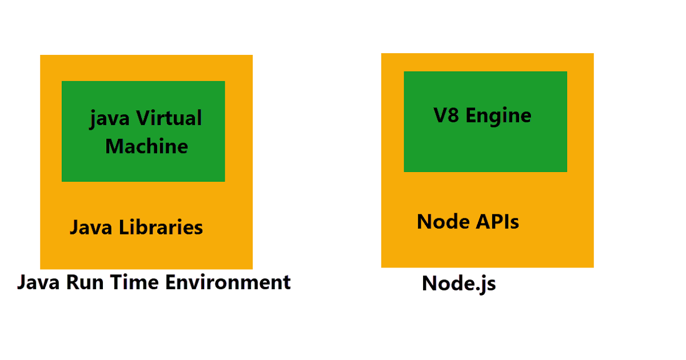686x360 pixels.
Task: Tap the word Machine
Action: point(146,146)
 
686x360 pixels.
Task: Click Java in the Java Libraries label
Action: point(91,227)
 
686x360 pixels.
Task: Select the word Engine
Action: point(498,116)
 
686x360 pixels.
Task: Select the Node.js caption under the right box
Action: point(459,283)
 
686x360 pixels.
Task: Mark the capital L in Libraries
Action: point(124,227)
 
